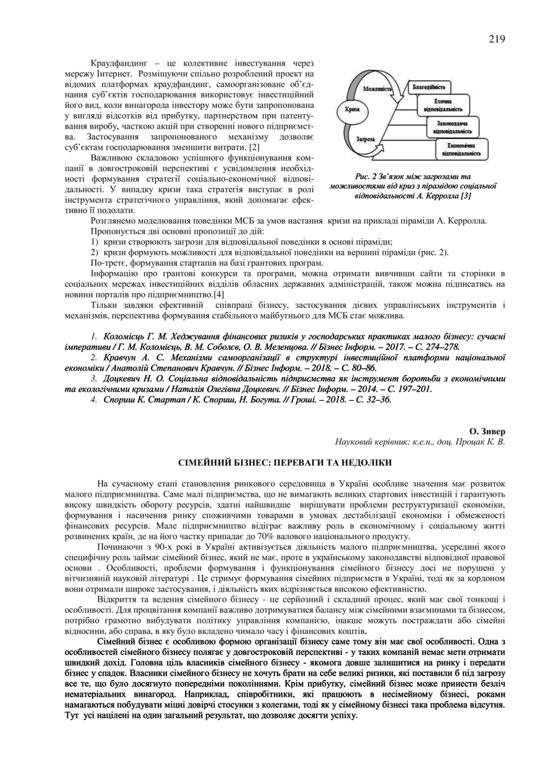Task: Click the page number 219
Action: tap(496, 38)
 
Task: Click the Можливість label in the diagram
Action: tap(378, 89)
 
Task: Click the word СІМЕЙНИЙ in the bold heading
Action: tap(203, 463)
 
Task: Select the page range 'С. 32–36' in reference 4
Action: tap(373, 400)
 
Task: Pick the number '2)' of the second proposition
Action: tap(95, 252)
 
